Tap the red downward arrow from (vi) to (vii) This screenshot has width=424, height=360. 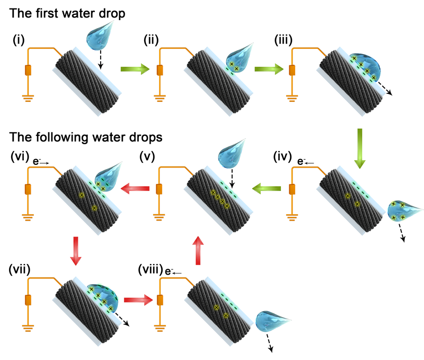76,249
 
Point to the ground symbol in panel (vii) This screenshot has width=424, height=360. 29,330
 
